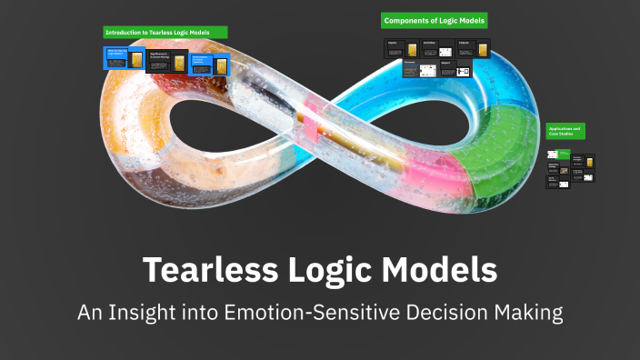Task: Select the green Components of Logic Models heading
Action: click(435, 20)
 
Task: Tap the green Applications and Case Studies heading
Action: click(565, 131)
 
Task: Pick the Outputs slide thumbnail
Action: click(470, 49)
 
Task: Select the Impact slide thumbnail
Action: click(455, 69)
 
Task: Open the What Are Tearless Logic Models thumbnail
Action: click(124, 60)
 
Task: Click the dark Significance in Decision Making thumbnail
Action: click(167, 62)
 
